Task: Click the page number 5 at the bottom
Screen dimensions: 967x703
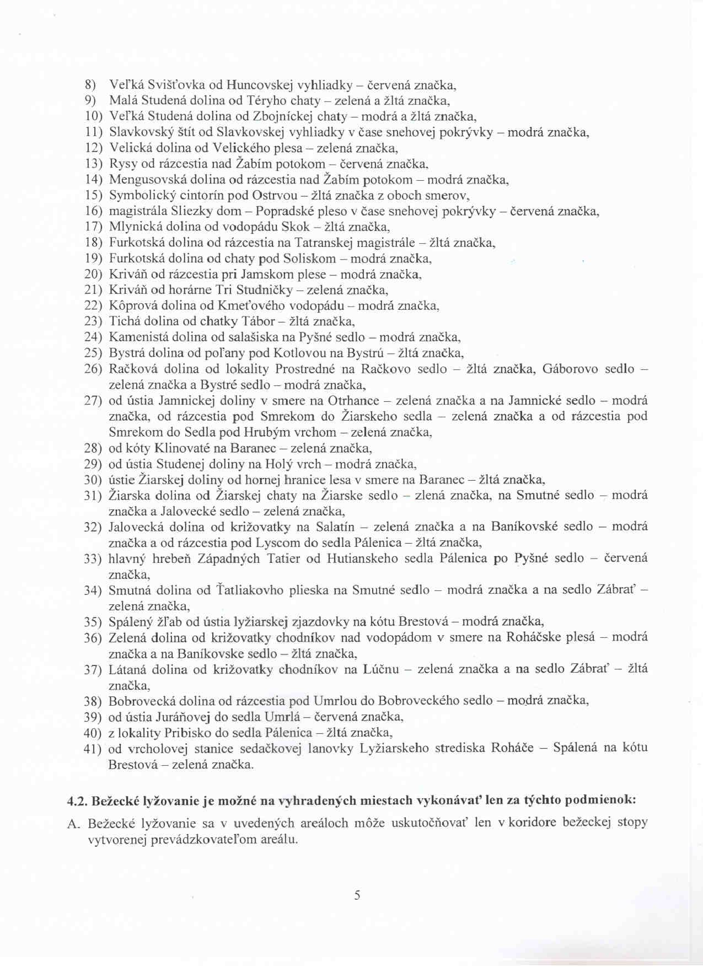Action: pos(357,895)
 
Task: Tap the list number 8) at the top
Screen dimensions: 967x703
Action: pos(90,85)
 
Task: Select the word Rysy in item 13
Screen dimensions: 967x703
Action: pos(123,164)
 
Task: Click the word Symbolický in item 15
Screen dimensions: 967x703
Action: pos(142,195)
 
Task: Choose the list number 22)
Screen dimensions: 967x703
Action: pos(93,305)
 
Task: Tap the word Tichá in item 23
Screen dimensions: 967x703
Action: pos(124,321)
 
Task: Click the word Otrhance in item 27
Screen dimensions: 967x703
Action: pos(353,400)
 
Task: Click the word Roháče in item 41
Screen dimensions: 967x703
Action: pos(512,748)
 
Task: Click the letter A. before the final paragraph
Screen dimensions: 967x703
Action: pos(74,824)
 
